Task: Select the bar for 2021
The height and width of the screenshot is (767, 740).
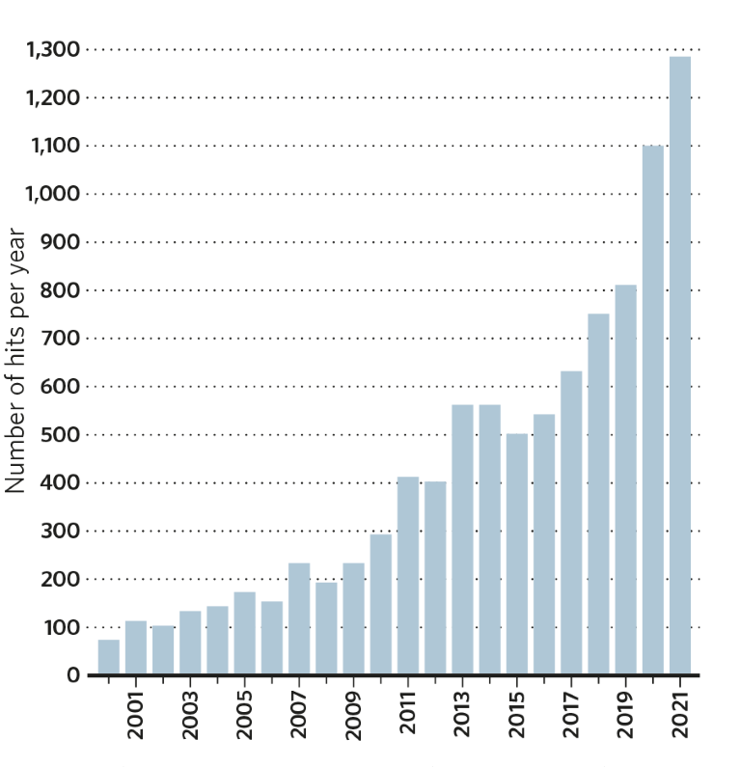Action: click(680, 367)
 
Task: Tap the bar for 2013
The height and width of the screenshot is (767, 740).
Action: click(462, 540)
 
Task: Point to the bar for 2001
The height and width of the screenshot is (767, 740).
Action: click(135, 648)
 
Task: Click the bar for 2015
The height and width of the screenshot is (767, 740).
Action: click(517, 555)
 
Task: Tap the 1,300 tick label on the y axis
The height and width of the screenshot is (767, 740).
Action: click(54, 49)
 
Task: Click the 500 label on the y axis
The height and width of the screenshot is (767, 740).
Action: click(63, 435)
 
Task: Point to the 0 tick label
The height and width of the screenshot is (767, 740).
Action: click(73, 675)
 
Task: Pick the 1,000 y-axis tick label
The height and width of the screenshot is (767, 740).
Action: click(54, 194)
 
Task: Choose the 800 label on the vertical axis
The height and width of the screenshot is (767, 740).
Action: click(63, 290)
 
